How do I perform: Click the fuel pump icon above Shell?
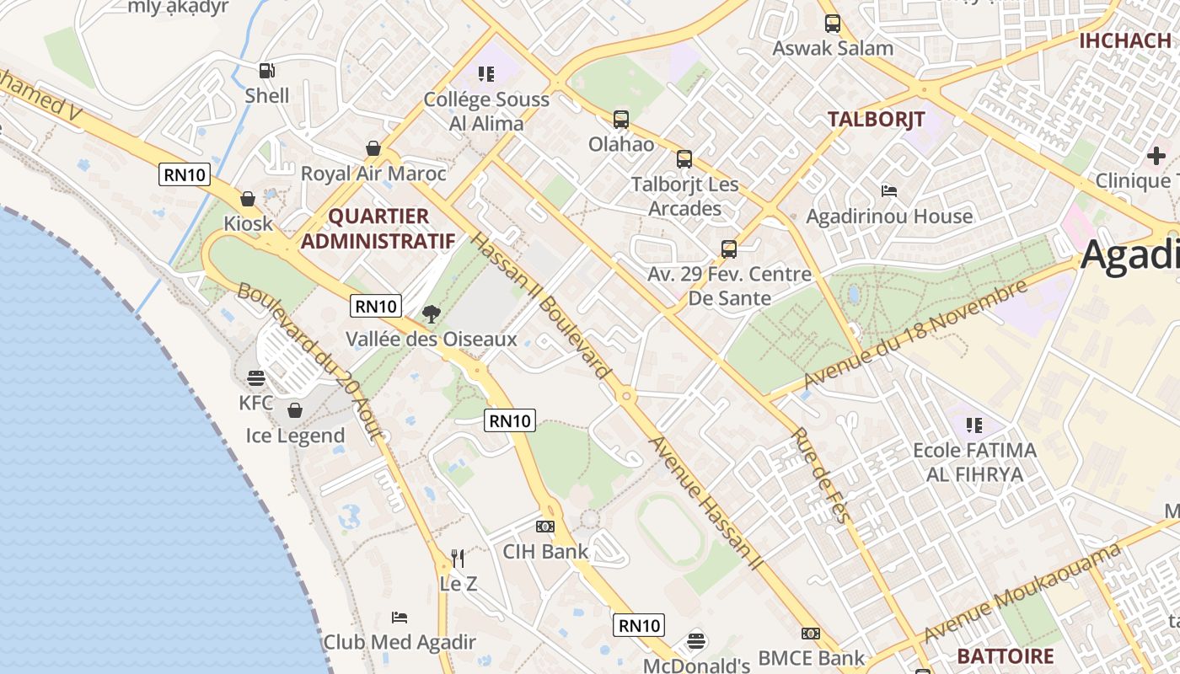click(x=266, y=72)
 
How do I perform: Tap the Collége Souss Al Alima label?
click(x=485, y=111)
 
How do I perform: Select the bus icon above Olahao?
click(x=621, y=120)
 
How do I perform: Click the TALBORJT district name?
click(x=876, y=119)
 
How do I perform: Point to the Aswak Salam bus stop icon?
click(x=833, y=24)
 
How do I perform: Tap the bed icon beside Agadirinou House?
click(x=888, y=191)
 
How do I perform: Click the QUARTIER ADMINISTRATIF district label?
click(x=378, y=229)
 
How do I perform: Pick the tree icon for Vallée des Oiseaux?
click(x=431, y=314)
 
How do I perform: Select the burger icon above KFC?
click(x=256, y=378)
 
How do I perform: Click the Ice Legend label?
click(x=295, y=436)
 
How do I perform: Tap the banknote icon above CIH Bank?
click(x=545, y=527)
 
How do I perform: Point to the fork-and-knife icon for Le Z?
click(x=458, y=558)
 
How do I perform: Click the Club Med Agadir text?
click(x=400, y=642)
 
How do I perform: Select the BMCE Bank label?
click(x=811, y=658)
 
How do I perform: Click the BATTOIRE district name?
click(x=1005, y=656)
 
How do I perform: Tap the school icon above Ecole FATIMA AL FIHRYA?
click(x=974, y=425)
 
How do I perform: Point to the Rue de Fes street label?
click(x=818, y=476)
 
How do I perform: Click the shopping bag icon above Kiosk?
click(x=248, y=199)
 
